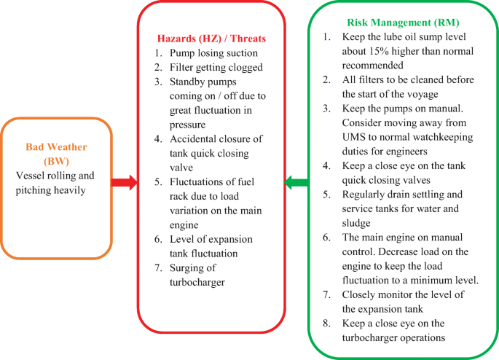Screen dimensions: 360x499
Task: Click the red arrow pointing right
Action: pyautogui.click(x=125, y=182)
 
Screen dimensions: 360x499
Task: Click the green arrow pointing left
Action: pyautogui.click(x=296, y=182)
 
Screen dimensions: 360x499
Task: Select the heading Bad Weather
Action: pyautogui.click(x=56, y=146)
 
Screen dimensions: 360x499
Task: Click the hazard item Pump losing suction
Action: pyautogui.click(x=213, y=52)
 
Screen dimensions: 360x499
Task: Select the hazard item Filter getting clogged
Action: pyautogui.click(x=216, y=67)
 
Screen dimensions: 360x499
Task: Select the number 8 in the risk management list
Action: pyautogui.click(x=327, y=324)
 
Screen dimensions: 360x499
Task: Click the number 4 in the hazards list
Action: pyautogui.click(x=157, y=138)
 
